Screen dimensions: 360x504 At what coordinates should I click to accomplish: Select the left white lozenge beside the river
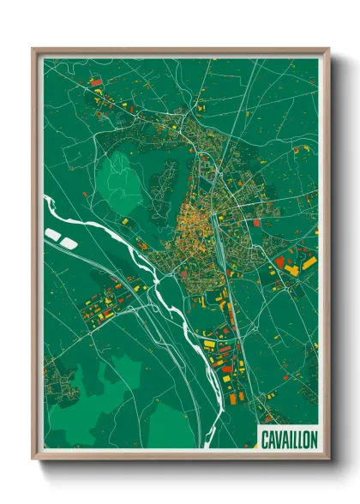(x=54, y=233)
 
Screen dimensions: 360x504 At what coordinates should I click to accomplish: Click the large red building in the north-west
(x=96, y=81)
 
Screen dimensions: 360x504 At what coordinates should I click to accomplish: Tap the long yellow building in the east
(x=292, y=270)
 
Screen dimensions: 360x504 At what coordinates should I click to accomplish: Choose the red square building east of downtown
(x=283, y=255)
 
